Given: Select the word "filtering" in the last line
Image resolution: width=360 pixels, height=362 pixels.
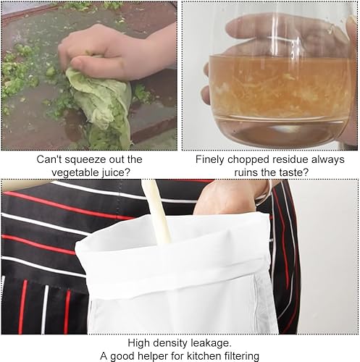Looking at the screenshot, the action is [x=242, y=356].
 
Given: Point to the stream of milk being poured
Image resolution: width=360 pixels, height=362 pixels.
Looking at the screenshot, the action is [x=157, y=212].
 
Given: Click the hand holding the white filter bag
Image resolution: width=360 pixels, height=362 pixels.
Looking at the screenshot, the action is [x=232, y=197].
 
